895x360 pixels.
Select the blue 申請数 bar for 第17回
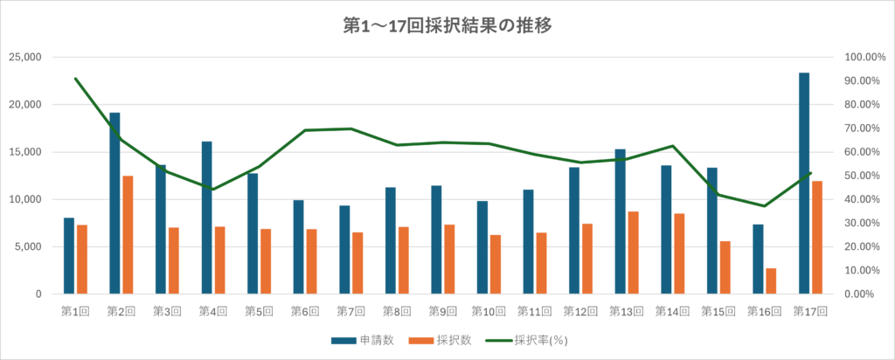(x=804, y=183)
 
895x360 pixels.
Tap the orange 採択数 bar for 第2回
(x=128, y=235)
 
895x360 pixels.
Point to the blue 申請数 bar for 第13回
(x=620, y=222)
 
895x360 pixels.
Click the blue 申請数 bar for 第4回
(x=206, y=218)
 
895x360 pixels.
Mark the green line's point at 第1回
(x=75, y=79)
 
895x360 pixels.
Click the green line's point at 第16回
(x=765, y=206)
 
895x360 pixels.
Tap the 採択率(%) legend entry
(x=534, y=340)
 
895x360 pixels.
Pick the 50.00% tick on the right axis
(x=864, y=176)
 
